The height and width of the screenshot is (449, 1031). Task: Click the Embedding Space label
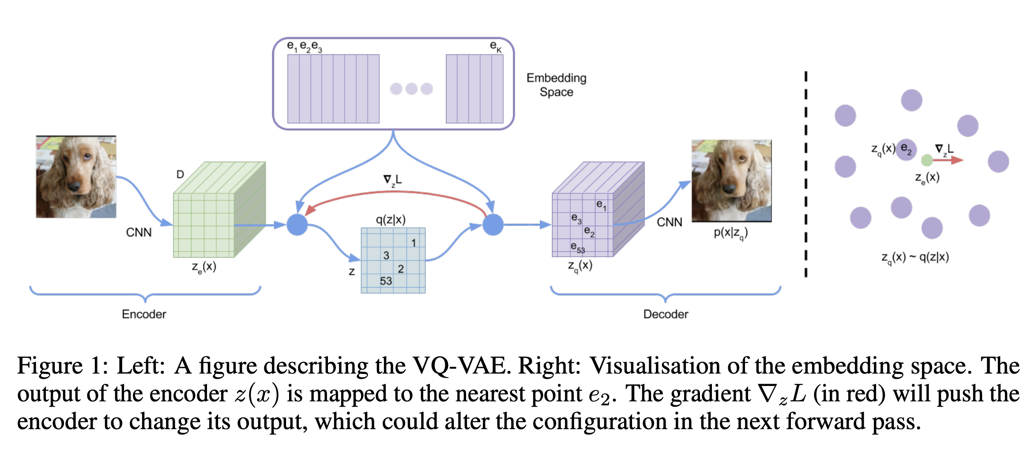pyautogui.click(x=556, y=85)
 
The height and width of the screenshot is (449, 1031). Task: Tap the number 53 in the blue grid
pyautogui.click(x=386, y=281)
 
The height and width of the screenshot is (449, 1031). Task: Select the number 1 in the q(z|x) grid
pyautogui.click(x=414, y=243)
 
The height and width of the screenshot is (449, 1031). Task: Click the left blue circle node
pyautogui.click(x=297, y=225)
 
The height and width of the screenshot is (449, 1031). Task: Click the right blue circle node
pyautogui.click(x=493, y=225)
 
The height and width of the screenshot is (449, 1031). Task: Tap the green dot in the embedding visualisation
pyautogui.click(x=927, y=160)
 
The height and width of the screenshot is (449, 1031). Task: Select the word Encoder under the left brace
pyautogui.click(x=144, y=314)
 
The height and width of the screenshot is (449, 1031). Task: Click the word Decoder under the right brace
pyautogui.click(x=666, y=314)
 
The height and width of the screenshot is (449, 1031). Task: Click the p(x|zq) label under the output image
pyautogui.click(x=730, y=233)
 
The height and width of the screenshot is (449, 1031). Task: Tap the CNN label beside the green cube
pyautogui.click(x=139, y=232)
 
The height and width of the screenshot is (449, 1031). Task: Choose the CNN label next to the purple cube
pyautogui.click(x=669, y=222)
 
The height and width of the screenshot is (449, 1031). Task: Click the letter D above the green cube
pyautogui.click(x=180, y=175)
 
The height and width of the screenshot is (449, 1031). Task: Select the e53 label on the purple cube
pyautogui.click(x=577, y=247)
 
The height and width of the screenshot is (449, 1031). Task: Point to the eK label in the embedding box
pyautogui.click(x=496, y=46)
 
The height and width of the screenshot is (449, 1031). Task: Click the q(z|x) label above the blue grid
pyautogui.click(x=391, y=219)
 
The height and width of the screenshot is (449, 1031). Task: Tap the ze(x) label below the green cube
pyautogui.click(x=204, y=267)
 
